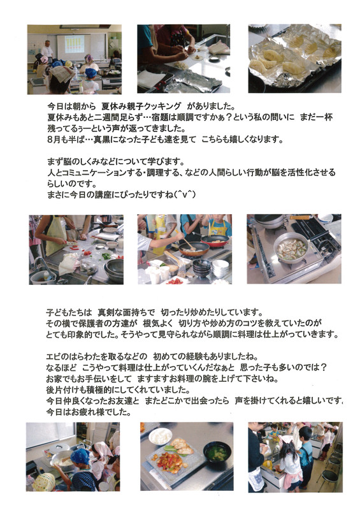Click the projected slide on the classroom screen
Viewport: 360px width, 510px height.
[75, 44]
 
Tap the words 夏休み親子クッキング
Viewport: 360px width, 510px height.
[141, 106]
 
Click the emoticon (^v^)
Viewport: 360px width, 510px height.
[184, 194]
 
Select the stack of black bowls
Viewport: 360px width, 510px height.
[201, 268]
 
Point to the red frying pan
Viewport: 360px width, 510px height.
[215, 241]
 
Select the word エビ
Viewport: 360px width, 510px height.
[54, 357]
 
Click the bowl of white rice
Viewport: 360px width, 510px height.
[160, 437]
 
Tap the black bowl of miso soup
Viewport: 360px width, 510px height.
[217, 453]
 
